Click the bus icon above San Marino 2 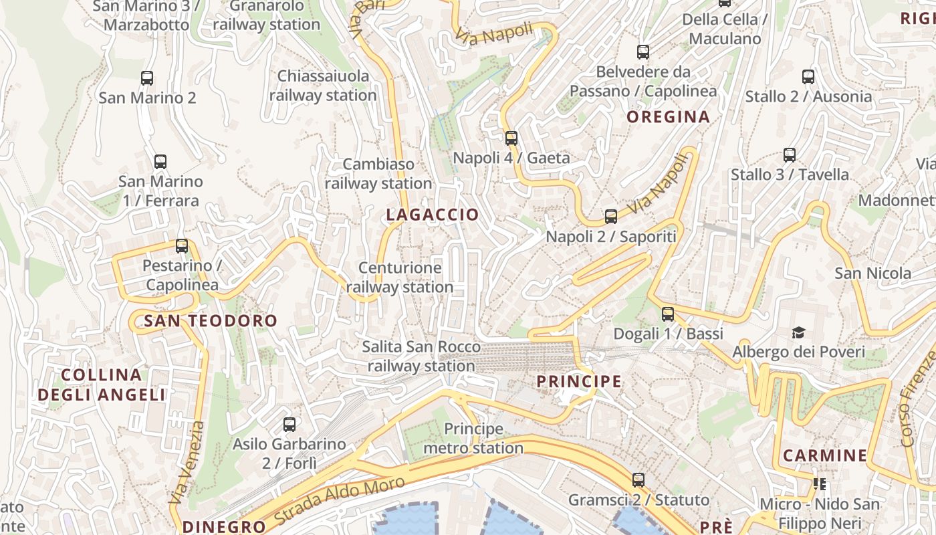(x=147, y=78)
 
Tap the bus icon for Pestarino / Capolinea (x=182, y=246)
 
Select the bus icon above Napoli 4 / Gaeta (x=511, y=138)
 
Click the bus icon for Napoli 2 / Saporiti (x=611, y=217)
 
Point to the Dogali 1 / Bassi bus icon (x=668, y=314)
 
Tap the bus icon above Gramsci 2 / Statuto (x=638, y=480)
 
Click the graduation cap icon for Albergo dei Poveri (x=798, y=332)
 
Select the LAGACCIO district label (x=433, y=215)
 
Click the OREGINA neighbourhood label (x=668, y=117)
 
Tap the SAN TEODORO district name (x=211, y=321)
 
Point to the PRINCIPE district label (x=579, y=381)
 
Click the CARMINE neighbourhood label (x=825, y=456)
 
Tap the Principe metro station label (x=473, y=439)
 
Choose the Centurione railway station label (x=400, y=278)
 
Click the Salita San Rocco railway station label (x=421, y=356)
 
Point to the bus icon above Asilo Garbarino (x=289, y=424)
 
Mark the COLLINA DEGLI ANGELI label (x=102, y=385)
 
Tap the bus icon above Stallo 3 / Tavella (x=790, y=155)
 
